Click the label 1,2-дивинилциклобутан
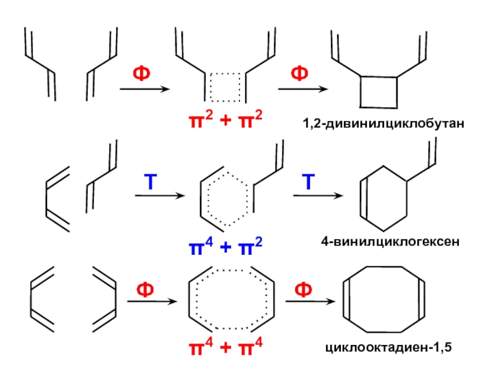point(382,126)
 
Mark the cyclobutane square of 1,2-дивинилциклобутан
point(379,92)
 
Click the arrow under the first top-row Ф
point(144,90)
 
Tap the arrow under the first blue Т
point(159,197)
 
